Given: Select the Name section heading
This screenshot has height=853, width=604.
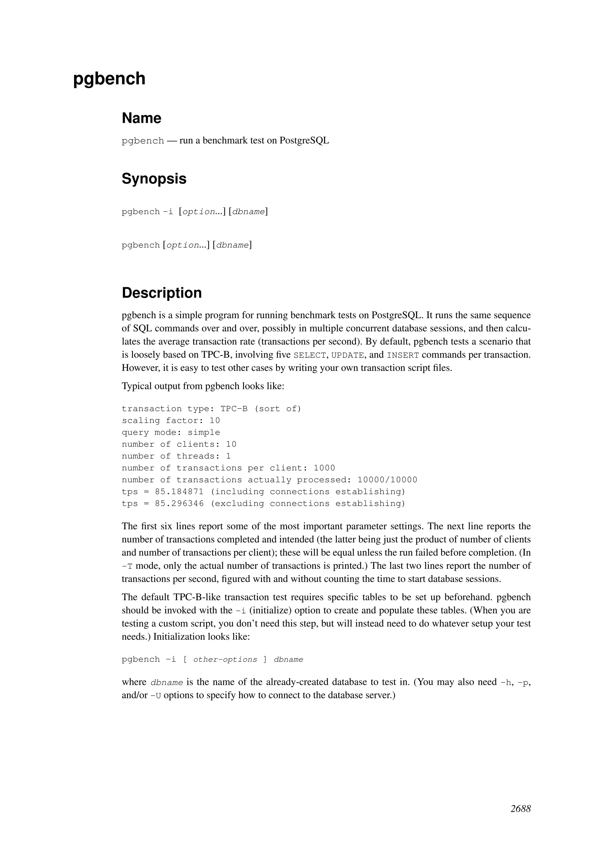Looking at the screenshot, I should (x=141, y=118).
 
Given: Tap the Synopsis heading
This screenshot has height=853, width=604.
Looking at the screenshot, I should (x=154, y=179).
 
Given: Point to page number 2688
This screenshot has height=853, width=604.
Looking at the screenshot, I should (x=520, y=809).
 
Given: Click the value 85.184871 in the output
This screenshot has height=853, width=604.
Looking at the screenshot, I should (x=179, y=492).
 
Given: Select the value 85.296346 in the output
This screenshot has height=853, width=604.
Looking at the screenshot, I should (x=179, y=504).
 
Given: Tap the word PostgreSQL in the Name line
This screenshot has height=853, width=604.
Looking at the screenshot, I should (x=304, y=141).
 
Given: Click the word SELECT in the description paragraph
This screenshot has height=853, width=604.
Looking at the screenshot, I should (x=309, y=356).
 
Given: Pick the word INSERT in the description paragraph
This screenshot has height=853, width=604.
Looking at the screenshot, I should (x=403, y=356).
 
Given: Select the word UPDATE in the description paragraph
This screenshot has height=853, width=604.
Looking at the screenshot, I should (x=347, y=356).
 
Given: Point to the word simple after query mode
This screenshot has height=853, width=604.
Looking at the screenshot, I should (x=204, y=432).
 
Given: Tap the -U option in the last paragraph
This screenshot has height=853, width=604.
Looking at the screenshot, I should (x=156, y=695).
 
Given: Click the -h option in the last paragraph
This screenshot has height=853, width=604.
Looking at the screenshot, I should (x=507, y=682).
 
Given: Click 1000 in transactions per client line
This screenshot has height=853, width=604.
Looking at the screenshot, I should (x=324, y=468).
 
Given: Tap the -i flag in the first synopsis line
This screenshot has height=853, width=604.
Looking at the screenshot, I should (x=168, y=212).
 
